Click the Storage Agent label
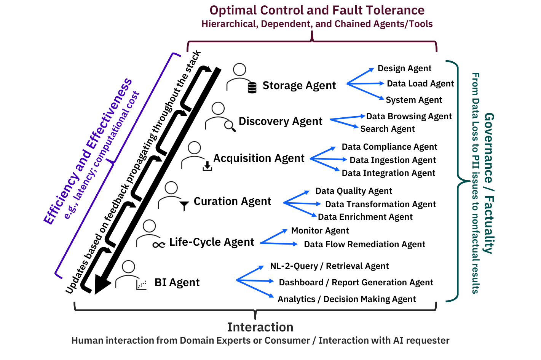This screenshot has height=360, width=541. pyautogui.click(x=299, y=86)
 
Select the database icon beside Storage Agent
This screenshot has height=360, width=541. pyautogui.click(x=252, y=88)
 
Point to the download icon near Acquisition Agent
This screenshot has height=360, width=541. pyautogui.click(x=207, y=166)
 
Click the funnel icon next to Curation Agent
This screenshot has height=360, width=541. pyautogui.click(x=184, y=206)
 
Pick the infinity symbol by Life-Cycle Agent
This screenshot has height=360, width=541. pyautogui.click(x=158, y=245)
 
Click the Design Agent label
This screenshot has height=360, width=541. pyautogui.click(x=404, y=69)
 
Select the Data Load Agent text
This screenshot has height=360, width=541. pyautogui.click(x=420, y=84)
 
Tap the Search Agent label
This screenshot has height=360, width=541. pyautogui.click(x=387, y=129)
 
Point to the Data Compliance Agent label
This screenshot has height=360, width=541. pyautogui.click(x=389, y=147)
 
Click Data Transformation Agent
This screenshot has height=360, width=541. pyautogui.click(x=380, y=205)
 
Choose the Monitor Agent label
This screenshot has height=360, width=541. pyautogui.click(x=320, y=231)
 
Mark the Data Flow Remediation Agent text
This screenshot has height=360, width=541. pyautogui.click(x=364, y=245)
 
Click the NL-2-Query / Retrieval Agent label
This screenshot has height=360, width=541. pyautogui.click(x=329, y=266)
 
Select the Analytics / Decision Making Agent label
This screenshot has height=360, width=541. pyautogui.click(x=346, y=299)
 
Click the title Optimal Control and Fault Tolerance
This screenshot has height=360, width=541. pyautogui.click(x=317, y=10)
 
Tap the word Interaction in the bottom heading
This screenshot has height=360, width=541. pyautogui.click(x=260, y=327)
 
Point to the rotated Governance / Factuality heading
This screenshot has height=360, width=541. pyautogui.click(x=489, y=183)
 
